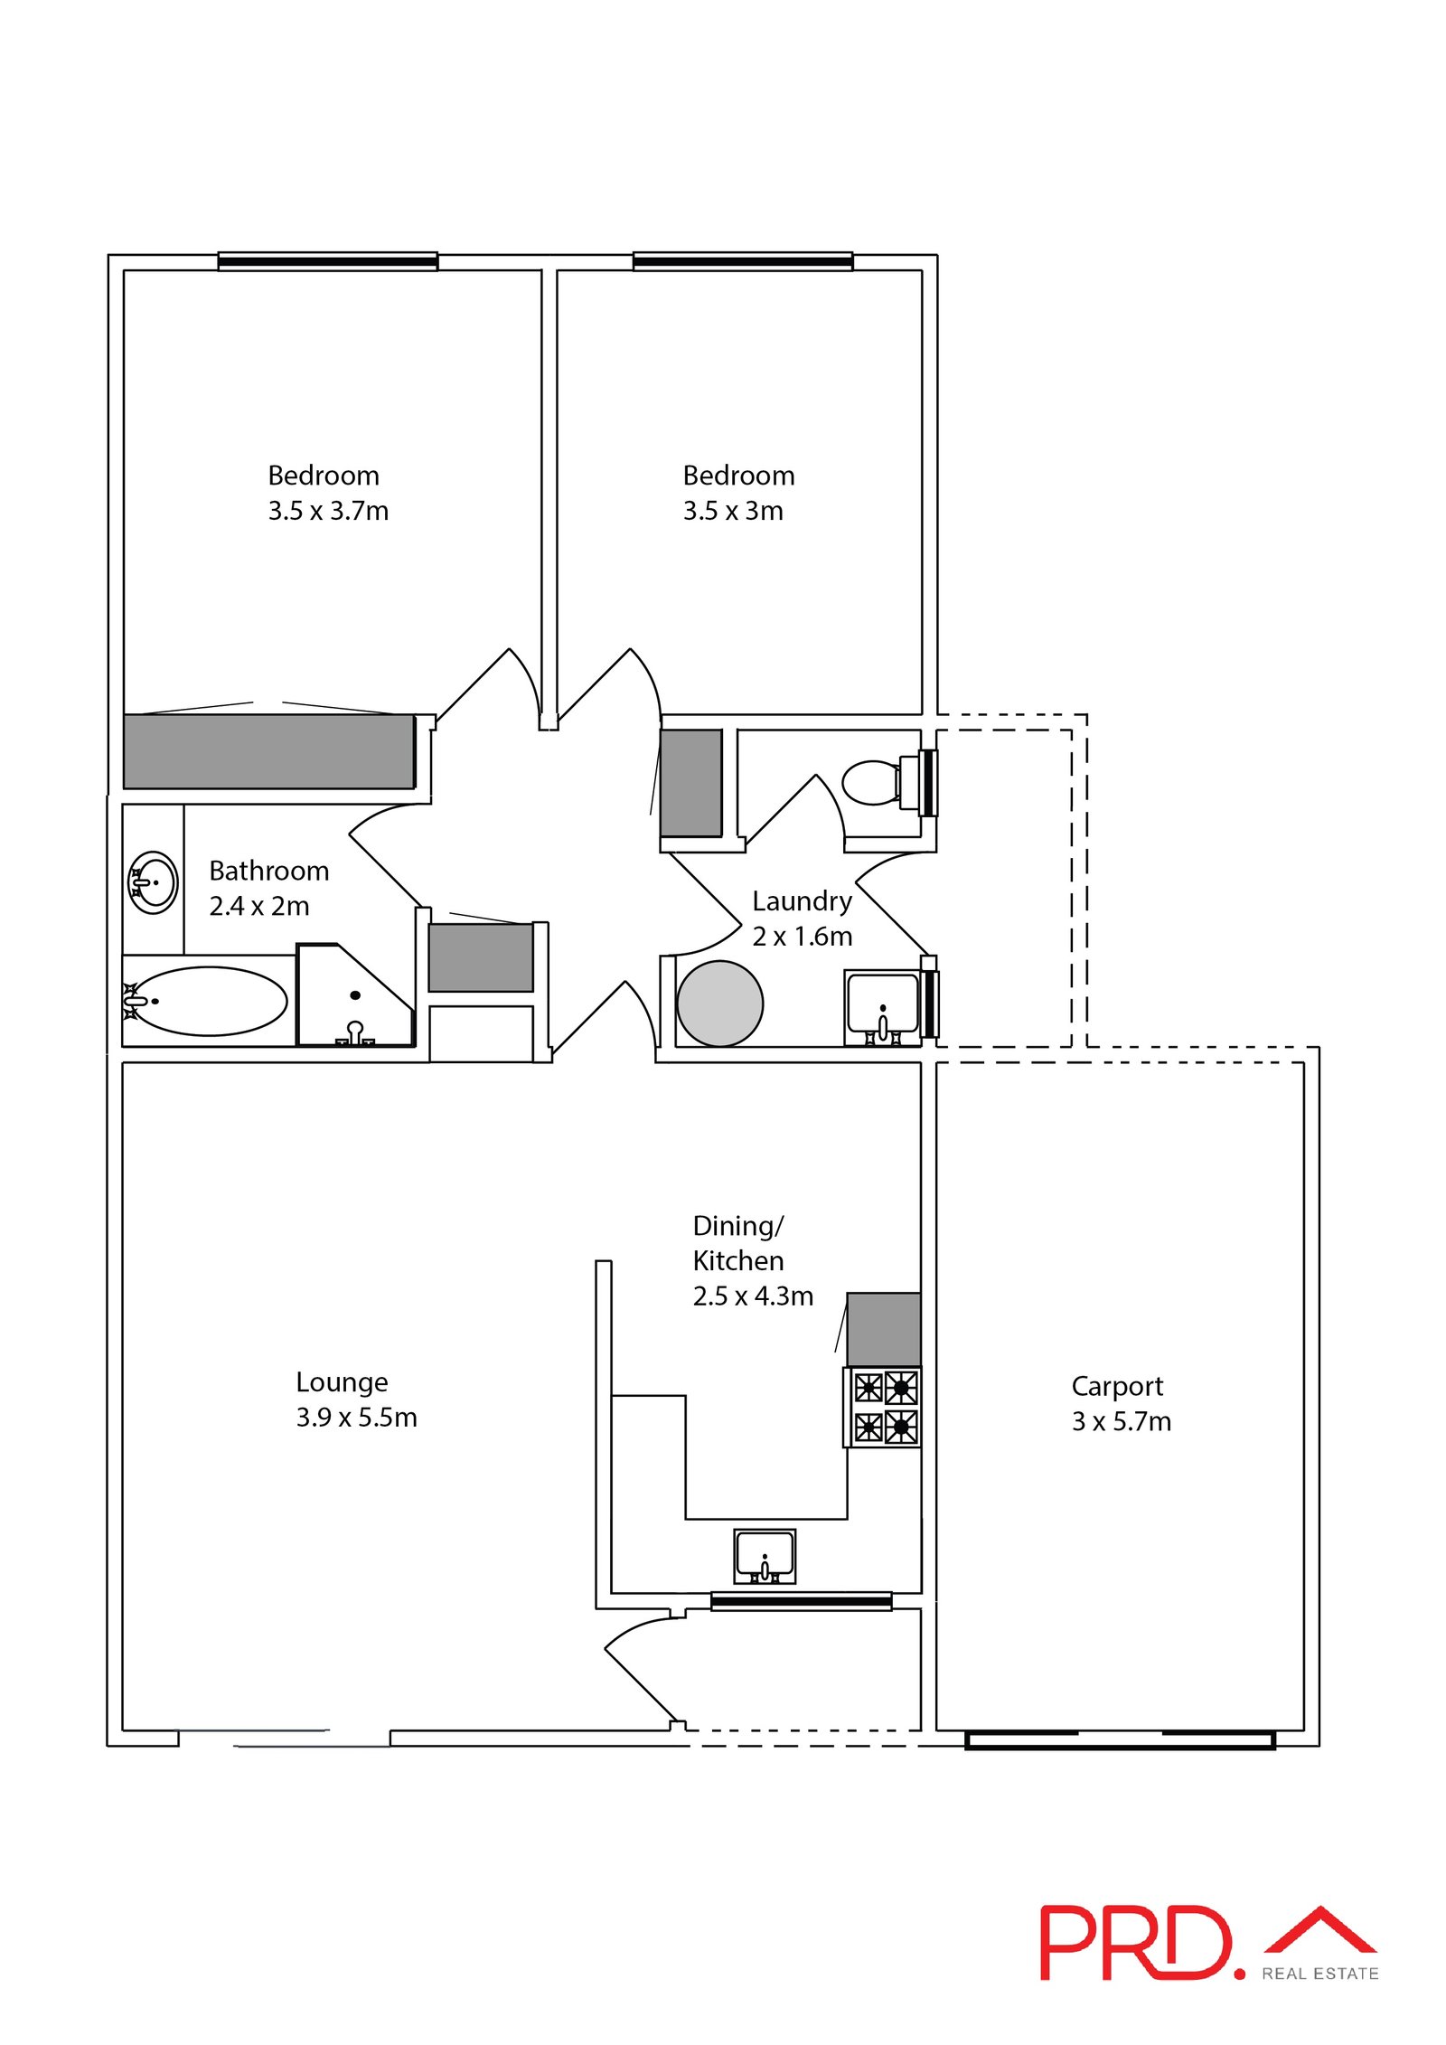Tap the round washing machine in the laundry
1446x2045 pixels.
tap(719, 1004)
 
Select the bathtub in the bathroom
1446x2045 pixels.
tap(207, 1001)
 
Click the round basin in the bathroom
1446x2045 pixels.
tap(153, 881)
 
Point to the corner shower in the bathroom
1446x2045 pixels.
tap(355, 995)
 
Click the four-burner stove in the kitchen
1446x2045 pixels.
tap(883, 1407)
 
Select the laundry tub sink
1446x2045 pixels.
tap(883, 1007)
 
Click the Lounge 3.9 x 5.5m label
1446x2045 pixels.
tap(356, 1399)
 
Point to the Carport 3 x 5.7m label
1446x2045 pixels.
tap(1121, 1403)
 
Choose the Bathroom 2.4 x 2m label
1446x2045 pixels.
tap(268, 888)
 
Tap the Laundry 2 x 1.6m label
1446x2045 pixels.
tap(802, 918)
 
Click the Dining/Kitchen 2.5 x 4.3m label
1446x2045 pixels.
tap(753, 1260)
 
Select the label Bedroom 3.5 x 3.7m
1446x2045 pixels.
tap(328, 493)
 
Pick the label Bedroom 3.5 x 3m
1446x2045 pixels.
tap(738, 493)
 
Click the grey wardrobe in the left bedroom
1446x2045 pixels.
tap(269, 751)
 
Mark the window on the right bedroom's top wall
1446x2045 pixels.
tap(743, 261)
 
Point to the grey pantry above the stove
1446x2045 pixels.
tap(884, 1329)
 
